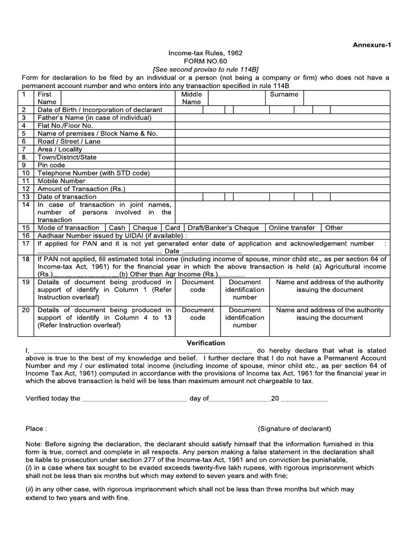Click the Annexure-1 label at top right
(x=371, y=45)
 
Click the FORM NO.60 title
(x=204, y=61)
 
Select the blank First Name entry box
(x=118, y=98)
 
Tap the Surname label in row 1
(x=284, y=95)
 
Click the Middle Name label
(x=191, y=98)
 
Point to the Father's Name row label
(x=95, y=117)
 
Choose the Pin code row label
(x=52, y=165)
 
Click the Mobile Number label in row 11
(x=62, y=181)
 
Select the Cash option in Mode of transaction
(x=117, y=227)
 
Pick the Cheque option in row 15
(x=145, y=227)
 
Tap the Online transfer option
(x=292, y=227)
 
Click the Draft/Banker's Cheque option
(x=223, y=227)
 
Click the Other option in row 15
(x=334, y=227)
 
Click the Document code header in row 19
(x=198, y=286)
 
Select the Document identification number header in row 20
(x=244, y=317)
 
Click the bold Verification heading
(x=206, y=343)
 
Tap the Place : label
(x=36, y=428)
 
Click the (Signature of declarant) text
(x=294, y=428)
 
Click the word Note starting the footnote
(x=33, y=444)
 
